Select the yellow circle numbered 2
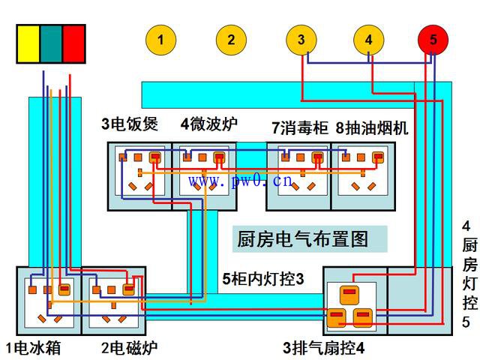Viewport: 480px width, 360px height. pos(232,40)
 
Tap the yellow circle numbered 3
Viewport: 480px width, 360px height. pos(301,40)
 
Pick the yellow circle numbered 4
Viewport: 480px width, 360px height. pos(368,40)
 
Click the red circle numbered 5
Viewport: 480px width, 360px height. pos(433,40)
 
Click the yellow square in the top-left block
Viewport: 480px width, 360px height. pos(28,43)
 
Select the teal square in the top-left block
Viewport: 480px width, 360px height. pos(51,43)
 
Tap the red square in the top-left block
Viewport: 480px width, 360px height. pos(73,43)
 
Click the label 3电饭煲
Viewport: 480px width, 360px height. pos(130,125)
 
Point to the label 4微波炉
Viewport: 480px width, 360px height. pos(208,125)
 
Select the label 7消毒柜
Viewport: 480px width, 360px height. pos(300,127)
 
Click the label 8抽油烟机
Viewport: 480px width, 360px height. pos(372,127)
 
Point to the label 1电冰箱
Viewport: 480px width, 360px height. pos(33,347)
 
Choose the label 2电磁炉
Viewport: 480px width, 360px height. pos(129,347)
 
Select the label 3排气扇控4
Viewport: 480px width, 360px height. pos(324,347)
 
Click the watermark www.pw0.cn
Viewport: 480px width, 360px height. pos(240,181)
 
